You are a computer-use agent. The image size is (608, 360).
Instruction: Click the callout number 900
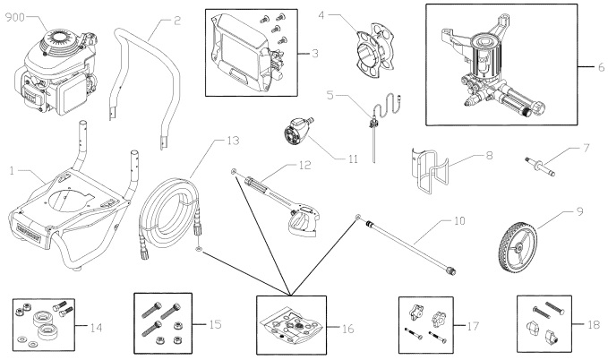click(14, 17)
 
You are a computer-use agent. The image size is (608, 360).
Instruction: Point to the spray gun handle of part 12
click(303, 222)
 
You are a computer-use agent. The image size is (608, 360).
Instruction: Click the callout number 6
click(601, 67)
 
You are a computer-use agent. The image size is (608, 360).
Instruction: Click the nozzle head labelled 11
click(298, 130)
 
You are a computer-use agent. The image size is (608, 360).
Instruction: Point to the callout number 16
click(347, 329)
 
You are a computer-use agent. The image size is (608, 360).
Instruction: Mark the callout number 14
click(96, 328)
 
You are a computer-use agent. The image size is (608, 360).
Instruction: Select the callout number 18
click(594, 324)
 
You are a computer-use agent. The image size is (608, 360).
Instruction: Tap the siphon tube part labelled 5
click(378, 124)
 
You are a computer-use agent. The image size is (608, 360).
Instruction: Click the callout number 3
click(315, 53)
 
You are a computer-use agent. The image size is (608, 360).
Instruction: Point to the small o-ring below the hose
click(199, 249)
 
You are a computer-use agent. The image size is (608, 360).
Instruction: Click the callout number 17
click(473, 326)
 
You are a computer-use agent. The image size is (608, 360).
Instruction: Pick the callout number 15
click(215, 324)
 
